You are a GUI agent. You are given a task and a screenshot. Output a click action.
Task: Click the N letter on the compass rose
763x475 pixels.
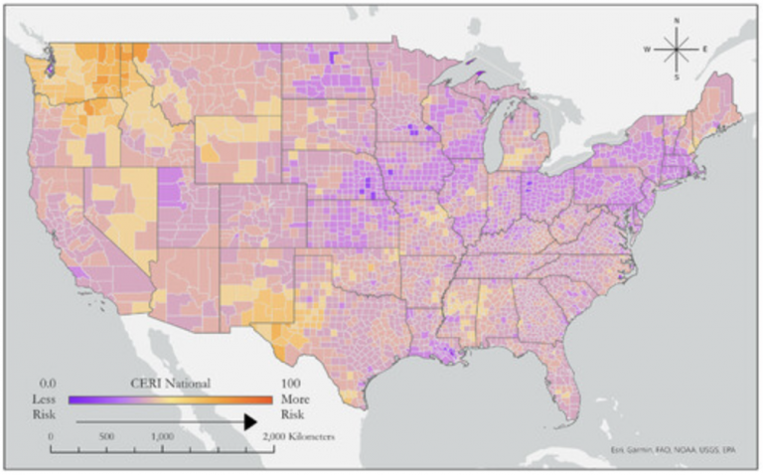click(676, 20)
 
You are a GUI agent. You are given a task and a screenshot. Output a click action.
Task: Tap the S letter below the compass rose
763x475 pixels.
click(676, 77)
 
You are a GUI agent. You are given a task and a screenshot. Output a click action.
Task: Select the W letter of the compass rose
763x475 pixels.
click(646, 48)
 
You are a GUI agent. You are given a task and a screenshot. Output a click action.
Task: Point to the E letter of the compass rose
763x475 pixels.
click(705, 48)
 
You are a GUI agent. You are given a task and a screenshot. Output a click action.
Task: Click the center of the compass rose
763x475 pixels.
click(676, 48)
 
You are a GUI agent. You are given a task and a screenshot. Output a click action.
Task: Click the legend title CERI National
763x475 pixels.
click(170, 383)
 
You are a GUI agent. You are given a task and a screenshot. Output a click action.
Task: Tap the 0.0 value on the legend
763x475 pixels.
click(45, 383)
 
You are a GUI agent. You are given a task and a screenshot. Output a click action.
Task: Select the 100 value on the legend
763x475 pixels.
click(292, 383)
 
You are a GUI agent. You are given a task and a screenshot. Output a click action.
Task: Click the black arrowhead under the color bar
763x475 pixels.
click(249, 421)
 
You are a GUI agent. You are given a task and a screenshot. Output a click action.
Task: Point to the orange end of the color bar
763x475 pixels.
click(266, 398)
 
